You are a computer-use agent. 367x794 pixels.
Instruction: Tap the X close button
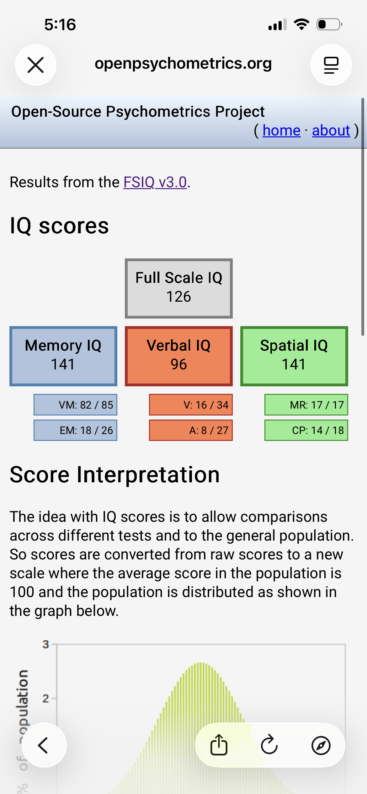point(36,65)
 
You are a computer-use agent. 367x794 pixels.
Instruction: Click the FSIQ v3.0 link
point(155,182)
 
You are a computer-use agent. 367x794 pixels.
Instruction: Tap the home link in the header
point(281,130)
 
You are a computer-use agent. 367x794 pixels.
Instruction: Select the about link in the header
point(331,130)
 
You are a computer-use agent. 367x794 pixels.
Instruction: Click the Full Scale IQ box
point(179,288)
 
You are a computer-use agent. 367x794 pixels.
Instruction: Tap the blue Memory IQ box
point(63,356)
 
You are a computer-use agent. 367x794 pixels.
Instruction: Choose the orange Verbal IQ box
point(179,356)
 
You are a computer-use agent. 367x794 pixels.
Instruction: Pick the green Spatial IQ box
point(294,356)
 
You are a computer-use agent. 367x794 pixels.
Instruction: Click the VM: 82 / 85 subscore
point(75,405)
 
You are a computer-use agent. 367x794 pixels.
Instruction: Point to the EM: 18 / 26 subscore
point(75,430)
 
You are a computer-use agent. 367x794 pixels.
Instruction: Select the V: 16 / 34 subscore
point(191,405)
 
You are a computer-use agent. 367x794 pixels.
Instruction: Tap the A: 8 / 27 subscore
point(191,430)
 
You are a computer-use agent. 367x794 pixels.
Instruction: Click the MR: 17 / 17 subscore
point(306,405)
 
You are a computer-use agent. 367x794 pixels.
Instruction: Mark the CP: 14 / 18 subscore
point(306,430)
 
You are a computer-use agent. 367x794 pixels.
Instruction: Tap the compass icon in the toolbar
point(321,745)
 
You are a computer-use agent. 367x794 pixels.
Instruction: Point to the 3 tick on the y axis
point(46,644)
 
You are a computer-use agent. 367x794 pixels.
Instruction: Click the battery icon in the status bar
point(329,24)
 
